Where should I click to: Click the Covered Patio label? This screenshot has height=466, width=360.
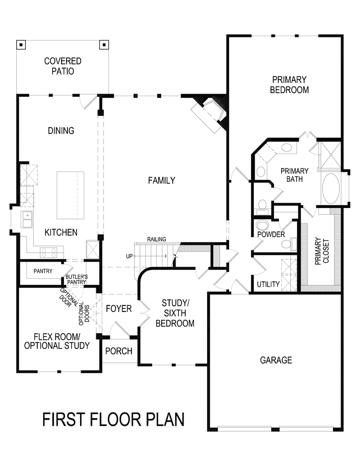[x=63, y=66]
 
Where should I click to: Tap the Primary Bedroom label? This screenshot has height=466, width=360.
[x=289, y=84]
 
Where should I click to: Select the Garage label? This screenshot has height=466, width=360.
[x=276, y=360]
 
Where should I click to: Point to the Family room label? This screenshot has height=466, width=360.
[x=162, y=180]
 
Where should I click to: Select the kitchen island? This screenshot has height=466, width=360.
[x=71, y=195]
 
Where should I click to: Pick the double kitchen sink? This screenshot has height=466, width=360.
[x=27, y=221]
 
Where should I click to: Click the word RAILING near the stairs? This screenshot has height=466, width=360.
[x=156, y=239]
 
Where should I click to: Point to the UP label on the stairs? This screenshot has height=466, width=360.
[x=130, y=256]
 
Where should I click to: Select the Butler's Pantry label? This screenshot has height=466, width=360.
[x=76, y=279]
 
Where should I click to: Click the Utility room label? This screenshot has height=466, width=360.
[x=268, y=284]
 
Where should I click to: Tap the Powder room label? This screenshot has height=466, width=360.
[x=271, y=235]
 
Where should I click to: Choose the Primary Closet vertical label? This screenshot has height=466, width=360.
[x=321, y=250]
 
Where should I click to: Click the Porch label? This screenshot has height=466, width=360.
[x=118, y=351]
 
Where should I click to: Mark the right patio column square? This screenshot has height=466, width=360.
[x=104, y=45]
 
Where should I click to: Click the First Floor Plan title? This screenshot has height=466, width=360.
[x=113, y=419]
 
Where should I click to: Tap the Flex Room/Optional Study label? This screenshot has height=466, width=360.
[x=57, y=341]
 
